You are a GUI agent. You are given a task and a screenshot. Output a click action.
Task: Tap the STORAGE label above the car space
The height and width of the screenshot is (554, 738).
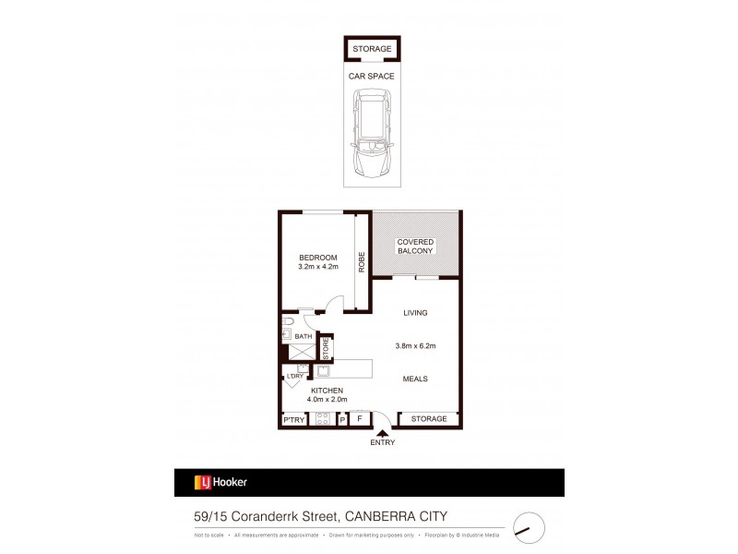(x=372, y=49)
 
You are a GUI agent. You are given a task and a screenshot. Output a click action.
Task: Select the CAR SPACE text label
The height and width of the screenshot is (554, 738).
(x=372, y=78)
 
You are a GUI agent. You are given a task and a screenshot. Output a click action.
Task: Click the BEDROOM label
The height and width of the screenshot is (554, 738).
(x=317, y=257)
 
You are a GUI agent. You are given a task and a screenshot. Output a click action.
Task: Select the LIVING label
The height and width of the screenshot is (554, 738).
(x=416, y=313)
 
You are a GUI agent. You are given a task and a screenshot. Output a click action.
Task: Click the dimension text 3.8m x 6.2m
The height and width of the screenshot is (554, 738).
(x=415, y=346)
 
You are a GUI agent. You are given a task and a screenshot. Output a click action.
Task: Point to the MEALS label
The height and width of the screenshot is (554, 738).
(x=415, y=379)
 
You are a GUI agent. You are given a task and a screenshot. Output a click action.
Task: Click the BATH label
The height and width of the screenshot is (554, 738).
(x=304, y=337)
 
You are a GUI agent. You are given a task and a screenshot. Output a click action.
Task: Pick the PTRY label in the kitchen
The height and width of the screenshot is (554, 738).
(x=294, y=419)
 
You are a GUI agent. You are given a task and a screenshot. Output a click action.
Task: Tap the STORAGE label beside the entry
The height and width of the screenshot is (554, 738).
(x=429, y=419)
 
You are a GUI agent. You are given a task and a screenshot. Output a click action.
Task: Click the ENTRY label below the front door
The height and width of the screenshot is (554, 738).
(x=382, y=442)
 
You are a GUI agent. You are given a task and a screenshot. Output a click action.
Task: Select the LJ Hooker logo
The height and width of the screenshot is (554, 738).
(x=220, y=482)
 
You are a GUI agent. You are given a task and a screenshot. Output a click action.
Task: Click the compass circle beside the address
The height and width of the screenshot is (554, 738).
(x=528, y=527)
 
